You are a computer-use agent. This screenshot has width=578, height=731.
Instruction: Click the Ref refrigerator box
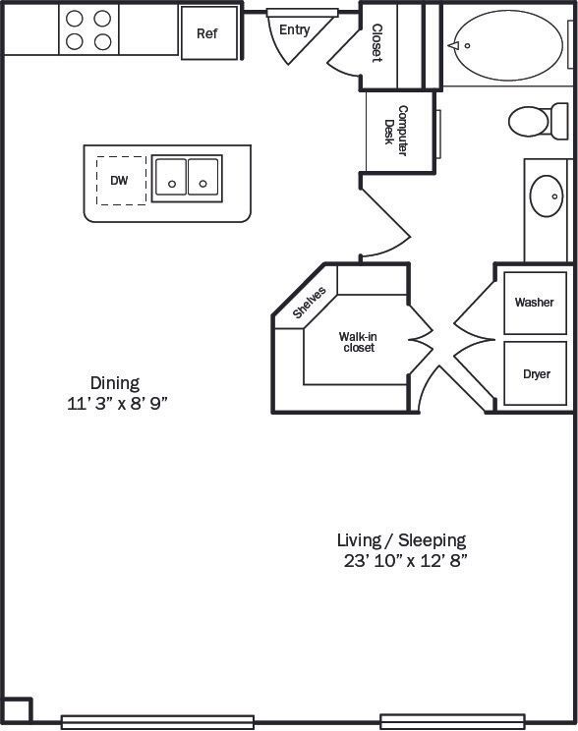[208, 32]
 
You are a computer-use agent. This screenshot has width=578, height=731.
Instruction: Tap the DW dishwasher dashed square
[121, 180]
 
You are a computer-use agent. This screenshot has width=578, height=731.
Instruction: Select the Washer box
[535, 302]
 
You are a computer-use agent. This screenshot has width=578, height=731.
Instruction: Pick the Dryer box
[536, 373]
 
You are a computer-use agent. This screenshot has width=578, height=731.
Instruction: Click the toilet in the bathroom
[535, 122]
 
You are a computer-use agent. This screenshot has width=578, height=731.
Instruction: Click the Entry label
[295, 29]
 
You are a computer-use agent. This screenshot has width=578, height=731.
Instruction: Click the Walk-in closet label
[357, 342]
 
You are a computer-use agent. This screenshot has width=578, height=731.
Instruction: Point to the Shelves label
[310, 303]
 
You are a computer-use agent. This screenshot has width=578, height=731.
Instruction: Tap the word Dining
[115, 383]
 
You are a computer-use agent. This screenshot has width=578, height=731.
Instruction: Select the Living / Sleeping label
[401, 539]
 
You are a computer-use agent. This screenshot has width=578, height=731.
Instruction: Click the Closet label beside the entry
[376, 42]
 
